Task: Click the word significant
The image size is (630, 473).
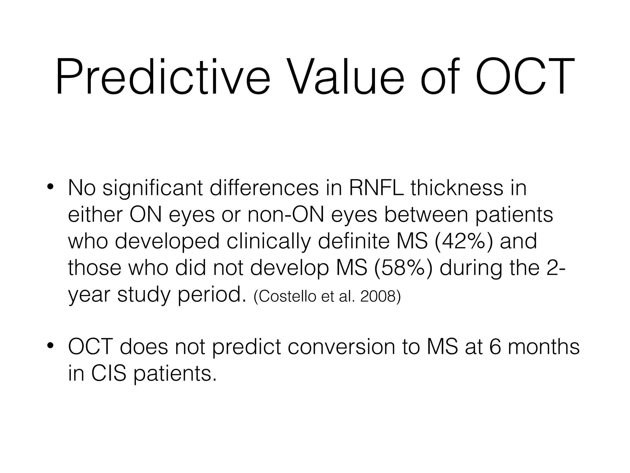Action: (153, 188)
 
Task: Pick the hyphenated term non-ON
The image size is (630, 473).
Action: (286, 215)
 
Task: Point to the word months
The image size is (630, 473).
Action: (543, 347)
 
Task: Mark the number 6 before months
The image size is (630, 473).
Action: (495, 347)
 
